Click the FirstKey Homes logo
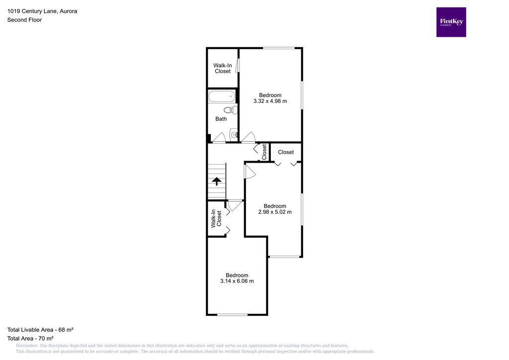point(451,22)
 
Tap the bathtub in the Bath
point(221,96)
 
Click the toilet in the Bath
point(230,110)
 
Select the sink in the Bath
point(234,135)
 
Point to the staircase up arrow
point(216,181)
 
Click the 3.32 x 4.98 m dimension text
point(270,101)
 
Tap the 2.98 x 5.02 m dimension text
point(275,212)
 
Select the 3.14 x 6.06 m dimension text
point(237,281)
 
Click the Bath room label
point(221,119)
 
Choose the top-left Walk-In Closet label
point(223,68)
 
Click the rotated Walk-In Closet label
point(216,219)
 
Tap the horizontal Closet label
point(286,152)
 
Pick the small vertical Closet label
point(264,152)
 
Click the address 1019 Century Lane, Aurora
point(42,11)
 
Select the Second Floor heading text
point(24,20)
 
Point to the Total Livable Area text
point(40,329)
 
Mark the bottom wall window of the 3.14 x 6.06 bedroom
point(232,314)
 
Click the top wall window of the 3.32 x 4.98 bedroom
point(279,48)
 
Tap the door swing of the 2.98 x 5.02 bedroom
point(249,171)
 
